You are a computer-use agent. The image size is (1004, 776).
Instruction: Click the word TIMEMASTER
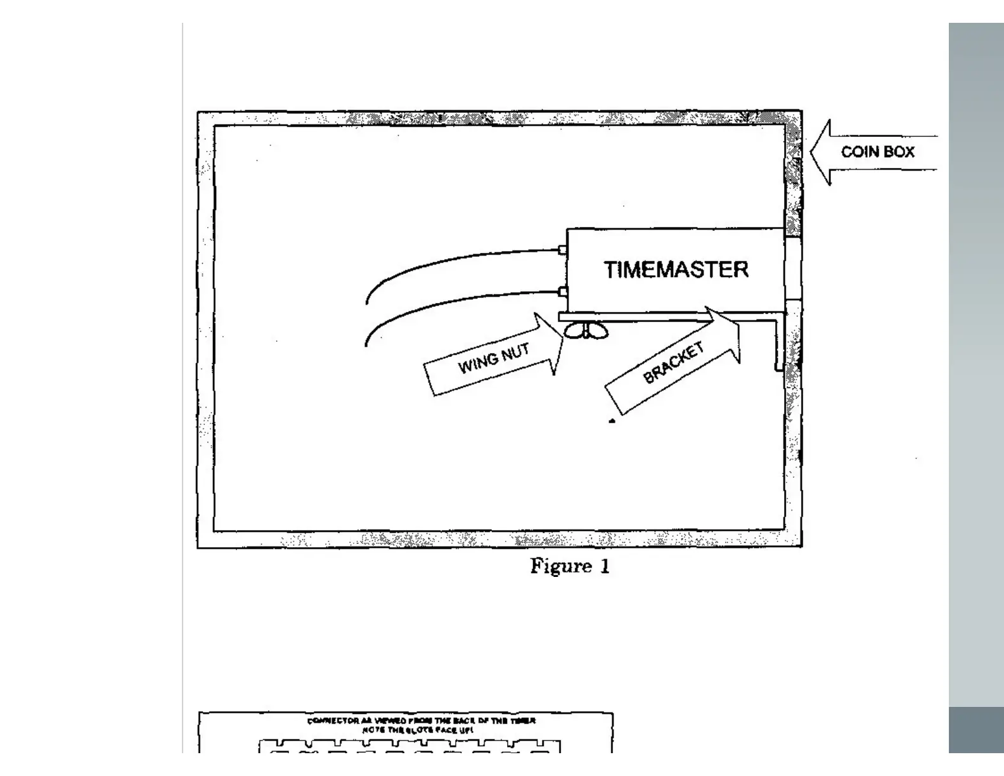[676, 269]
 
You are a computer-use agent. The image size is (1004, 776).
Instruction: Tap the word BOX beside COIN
[900, 152]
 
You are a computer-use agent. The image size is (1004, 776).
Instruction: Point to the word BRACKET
[673, 363]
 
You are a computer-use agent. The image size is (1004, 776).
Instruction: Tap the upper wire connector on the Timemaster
[562, 250]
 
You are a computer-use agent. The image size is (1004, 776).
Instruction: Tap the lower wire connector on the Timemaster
[562, 292]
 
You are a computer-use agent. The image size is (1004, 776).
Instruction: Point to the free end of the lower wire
[366, 344]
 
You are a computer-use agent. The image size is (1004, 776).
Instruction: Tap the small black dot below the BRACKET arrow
[612, 420]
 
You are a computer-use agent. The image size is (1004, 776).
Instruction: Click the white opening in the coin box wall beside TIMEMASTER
[793, 269]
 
